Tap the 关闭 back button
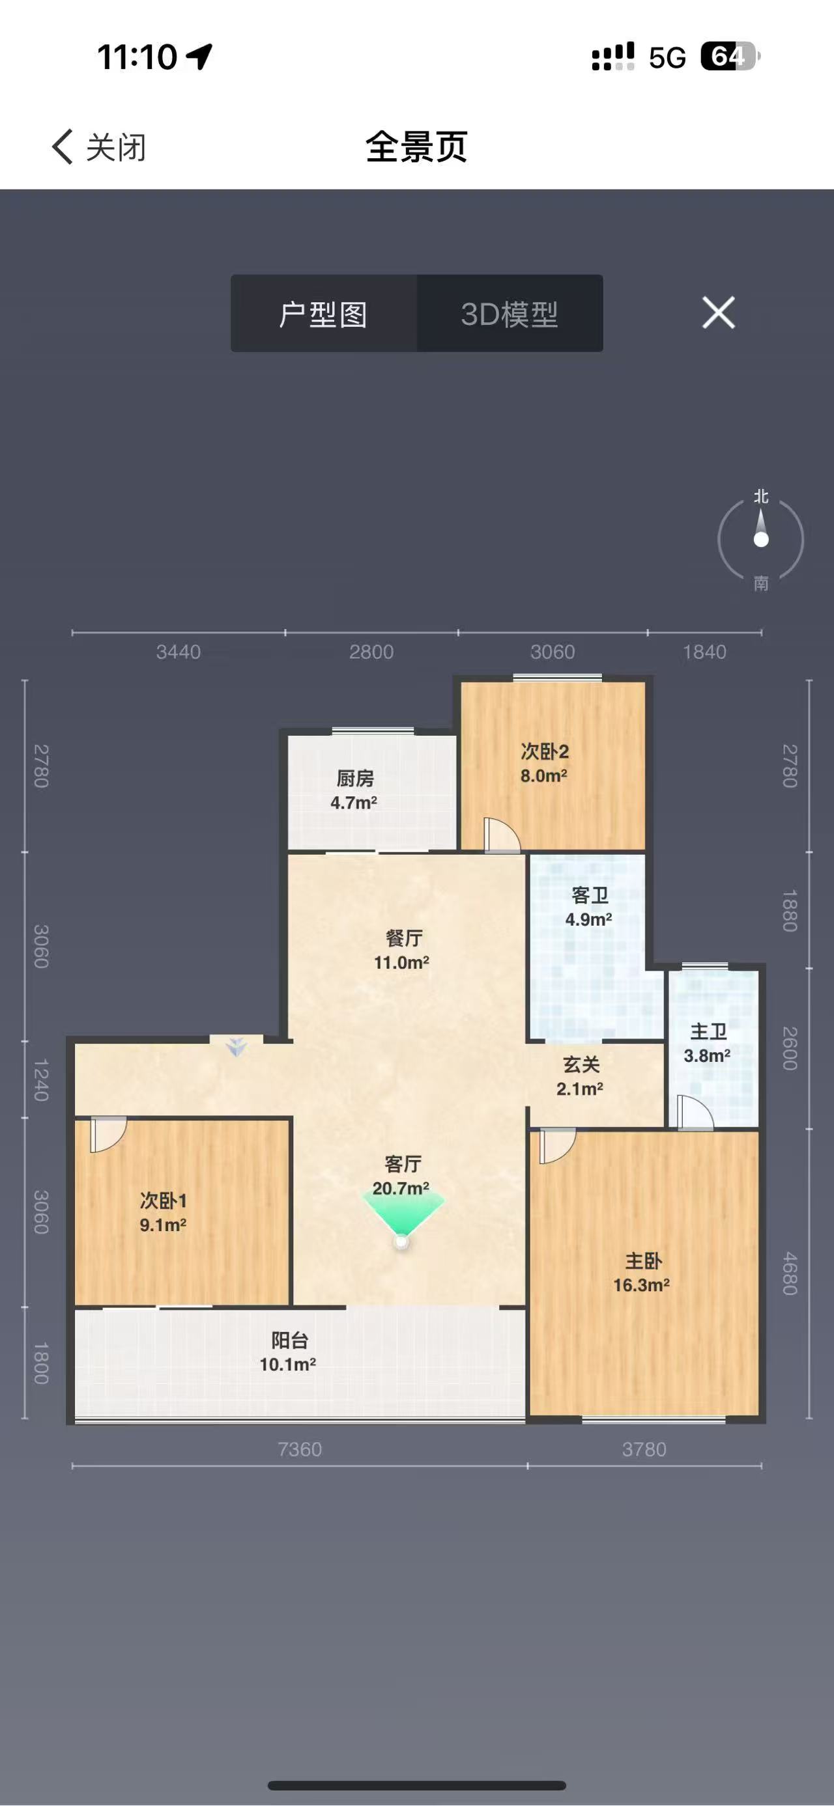[99, 147]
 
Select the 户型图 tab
[323, 313]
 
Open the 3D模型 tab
[510, 313]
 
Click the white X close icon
[719, 312]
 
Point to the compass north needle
[761, 527]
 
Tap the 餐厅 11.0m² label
[402, 950]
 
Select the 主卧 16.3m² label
[642, 1273]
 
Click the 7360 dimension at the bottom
[300, 1449]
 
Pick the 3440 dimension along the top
[178, 652]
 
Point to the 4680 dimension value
[790, 1273]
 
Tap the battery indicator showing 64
[730, 57]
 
